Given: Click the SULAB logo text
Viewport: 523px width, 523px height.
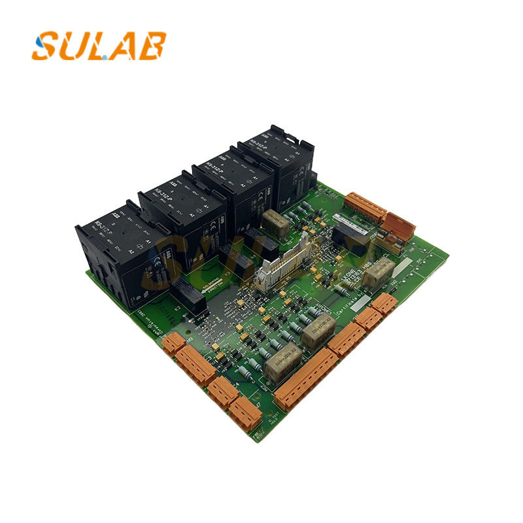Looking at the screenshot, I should (98, 46).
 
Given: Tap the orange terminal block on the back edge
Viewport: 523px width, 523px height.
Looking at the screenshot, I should (367, 205).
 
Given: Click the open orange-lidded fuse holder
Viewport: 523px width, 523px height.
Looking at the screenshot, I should (397, 225).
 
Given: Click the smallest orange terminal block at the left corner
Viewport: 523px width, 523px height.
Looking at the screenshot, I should (173, 342).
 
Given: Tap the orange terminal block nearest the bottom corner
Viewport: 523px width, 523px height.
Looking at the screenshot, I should (246, 414).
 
